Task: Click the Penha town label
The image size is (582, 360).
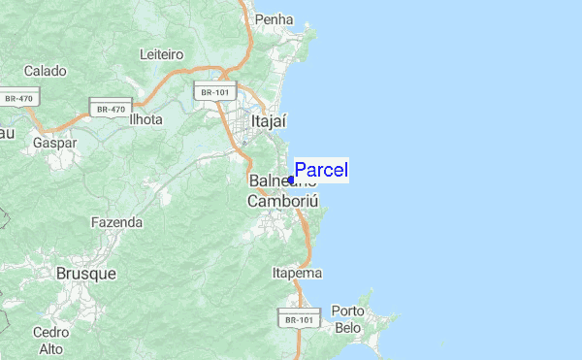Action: (273, 18)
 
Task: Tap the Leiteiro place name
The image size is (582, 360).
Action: (162, 53)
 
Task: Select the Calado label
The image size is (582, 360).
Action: (45, 71)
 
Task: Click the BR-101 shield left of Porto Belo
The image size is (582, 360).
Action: (299, 318)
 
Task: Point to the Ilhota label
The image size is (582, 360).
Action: (145, 119)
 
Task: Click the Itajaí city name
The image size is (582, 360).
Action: (271, 122)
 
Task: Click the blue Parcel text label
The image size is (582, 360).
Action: (321, 170)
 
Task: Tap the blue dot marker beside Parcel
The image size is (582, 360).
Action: (291, 180)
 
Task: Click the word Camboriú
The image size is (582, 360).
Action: (282, 202)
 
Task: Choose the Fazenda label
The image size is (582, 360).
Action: (116, 222)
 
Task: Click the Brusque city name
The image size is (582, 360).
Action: (85, 274)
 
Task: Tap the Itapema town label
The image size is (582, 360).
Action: (297, 273)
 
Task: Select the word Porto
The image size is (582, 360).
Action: (347, 311)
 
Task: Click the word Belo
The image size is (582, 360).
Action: (347, 328)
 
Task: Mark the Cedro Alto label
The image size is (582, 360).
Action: (50, 340)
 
